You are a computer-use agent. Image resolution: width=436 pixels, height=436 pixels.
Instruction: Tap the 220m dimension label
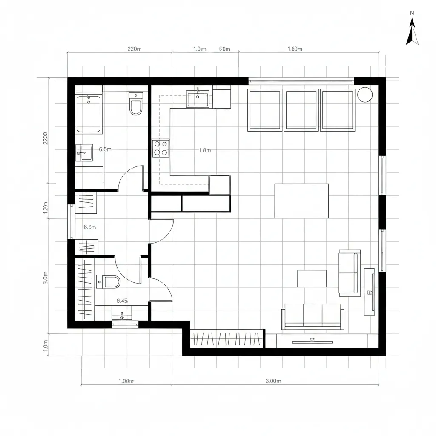135,49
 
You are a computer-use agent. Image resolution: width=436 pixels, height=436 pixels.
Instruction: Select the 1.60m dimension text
295,49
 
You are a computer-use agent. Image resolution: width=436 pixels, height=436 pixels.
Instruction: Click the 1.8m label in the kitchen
205,150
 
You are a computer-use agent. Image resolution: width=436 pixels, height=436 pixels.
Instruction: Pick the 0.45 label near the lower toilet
122,301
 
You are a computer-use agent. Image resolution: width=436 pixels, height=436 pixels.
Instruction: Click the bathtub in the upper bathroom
89,114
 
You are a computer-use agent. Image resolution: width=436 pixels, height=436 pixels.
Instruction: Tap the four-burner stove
161,149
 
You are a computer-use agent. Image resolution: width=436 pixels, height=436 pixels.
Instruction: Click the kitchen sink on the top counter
198,99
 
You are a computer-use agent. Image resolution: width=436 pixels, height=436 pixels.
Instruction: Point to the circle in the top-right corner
365,95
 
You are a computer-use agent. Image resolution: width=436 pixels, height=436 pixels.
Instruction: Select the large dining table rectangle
301,201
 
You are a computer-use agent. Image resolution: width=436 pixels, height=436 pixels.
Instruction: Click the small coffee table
312,278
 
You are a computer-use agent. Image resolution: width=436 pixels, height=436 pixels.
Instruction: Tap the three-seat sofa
313,316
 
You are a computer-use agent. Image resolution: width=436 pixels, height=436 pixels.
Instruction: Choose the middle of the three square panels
301,109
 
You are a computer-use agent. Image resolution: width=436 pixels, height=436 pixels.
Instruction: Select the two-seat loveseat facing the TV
349,272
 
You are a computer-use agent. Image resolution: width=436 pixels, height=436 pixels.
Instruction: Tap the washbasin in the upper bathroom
84,152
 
